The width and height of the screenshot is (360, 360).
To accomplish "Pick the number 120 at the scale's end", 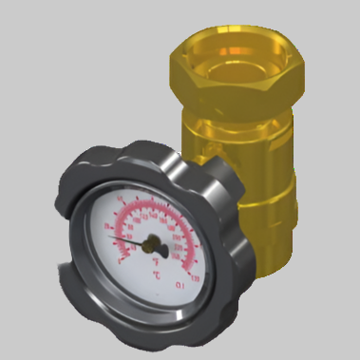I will tap(194, 279).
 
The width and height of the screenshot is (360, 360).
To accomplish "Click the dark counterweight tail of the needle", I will tap(162, 251).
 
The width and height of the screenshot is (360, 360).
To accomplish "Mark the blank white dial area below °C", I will tap(152, 294).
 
